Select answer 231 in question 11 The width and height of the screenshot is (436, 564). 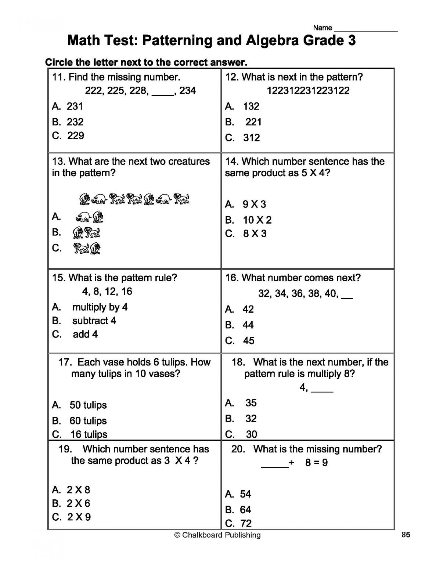pos(75,106)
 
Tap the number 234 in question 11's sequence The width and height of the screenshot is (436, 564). pos(187,90)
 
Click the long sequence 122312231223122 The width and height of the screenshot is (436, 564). pos(308,90)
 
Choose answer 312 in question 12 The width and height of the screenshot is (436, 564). pos(251,138)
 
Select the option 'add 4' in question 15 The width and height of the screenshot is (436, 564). pos(85,334)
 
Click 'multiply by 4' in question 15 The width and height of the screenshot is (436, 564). pos(100,307)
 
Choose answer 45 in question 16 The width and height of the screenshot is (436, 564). pos(248,340)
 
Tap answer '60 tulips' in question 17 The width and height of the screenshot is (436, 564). pos(88,420)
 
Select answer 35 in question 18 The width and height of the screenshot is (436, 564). pos(251,403)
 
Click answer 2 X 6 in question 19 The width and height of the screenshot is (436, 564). pos(78,503)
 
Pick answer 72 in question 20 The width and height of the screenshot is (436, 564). pos(246,523)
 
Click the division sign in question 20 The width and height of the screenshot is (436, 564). pos(291,463)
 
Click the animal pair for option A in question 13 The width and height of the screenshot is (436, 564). pos(89,217)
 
